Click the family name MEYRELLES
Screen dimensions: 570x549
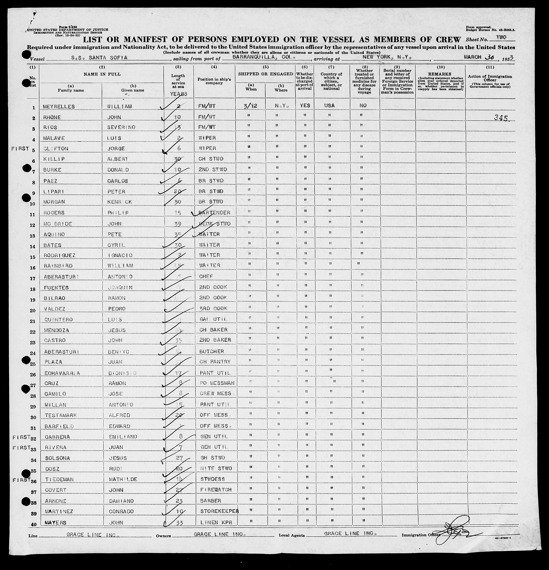pos(59,107)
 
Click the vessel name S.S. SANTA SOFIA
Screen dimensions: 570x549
pos(99,58)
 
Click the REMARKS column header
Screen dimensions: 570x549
pos(440,74)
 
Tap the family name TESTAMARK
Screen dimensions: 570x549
pos(61,415)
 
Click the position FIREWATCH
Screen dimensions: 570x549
pos(215,490)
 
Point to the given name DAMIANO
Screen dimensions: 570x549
pos(121,501)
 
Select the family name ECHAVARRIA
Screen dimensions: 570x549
pos(62,373)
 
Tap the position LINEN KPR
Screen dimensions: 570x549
pos(216,522)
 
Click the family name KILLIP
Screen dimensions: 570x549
pos(54,159)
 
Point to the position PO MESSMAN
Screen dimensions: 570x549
pos(217,383)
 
